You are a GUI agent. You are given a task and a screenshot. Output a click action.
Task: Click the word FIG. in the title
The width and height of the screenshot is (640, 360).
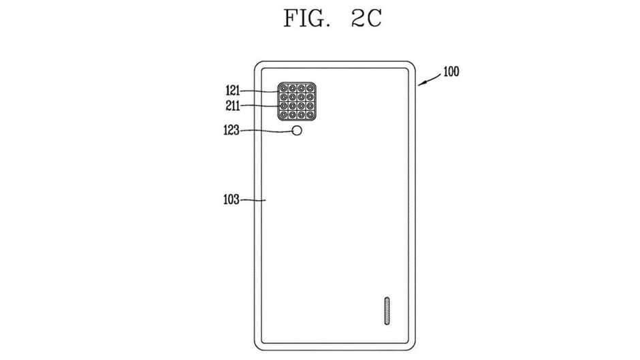[x=306, y=18]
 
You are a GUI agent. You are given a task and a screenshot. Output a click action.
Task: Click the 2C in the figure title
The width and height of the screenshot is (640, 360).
[x=366, y=18]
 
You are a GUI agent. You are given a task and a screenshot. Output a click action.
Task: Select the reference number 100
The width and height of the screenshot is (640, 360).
[x=451, y=72]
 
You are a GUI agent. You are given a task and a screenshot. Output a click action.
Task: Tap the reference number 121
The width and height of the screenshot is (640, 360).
[x=233, y=91]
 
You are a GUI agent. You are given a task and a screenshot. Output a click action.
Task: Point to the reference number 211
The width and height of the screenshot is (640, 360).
[x=233, y=106]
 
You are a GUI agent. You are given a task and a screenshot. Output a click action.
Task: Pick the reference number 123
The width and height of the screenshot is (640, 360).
[x=231, y=130]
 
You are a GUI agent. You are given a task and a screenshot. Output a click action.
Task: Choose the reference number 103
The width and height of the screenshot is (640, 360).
[x=231, y=199]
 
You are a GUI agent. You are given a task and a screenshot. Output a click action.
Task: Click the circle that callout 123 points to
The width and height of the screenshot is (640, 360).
[x=297, y=131]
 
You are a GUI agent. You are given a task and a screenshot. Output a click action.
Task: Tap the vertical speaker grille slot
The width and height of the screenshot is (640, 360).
[x=387, y=310]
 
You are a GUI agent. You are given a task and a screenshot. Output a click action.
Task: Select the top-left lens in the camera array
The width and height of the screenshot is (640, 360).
[x=283, y=88]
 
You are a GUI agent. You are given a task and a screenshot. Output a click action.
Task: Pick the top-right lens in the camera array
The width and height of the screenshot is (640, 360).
[x=310, y=88]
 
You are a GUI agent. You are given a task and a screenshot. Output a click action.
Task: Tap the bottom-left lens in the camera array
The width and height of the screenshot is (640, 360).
[x=283, y=115]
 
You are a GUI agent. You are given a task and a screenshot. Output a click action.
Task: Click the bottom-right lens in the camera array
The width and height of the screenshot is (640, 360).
[x=310, y=115]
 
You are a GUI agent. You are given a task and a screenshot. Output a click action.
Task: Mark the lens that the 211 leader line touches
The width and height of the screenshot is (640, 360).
[x=283, y=106]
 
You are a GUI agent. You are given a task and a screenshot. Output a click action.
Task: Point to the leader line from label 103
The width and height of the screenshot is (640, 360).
[x=253, y=200]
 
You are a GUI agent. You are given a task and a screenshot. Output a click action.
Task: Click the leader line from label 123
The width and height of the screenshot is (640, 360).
[x=266, y=131]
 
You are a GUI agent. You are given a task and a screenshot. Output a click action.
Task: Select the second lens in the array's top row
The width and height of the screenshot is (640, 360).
[x=292, y=88]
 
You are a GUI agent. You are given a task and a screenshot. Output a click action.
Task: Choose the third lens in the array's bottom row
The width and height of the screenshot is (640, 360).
[x=301, y=115]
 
